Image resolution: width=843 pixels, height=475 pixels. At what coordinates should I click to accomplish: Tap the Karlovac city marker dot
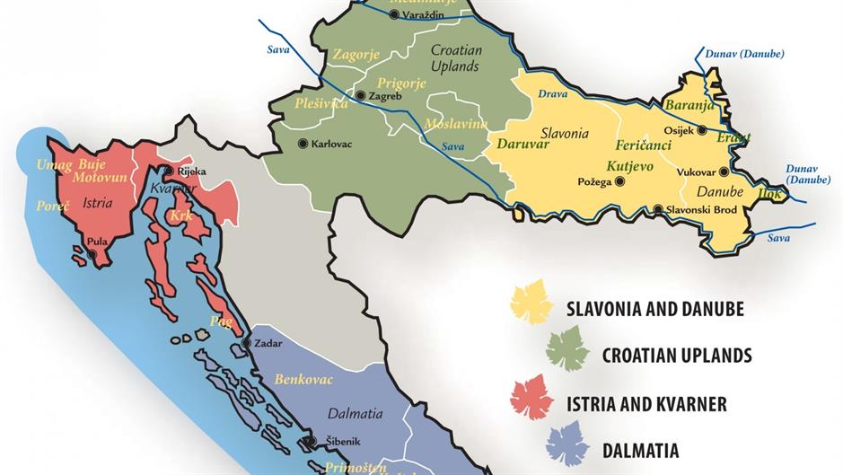(303, 144)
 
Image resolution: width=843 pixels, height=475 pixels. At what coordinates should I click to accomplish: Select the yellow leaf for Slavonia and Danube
(531, 303)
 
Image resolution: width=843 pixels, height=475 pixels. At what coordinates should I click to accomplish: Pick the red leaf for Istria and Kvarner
(531, 397)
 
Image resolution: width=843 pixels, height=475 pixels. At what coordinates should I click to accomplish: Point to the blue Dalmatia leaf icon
(567, 444)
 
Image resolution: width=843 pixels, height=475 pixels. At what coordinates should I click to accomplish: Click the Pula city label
(97, 241)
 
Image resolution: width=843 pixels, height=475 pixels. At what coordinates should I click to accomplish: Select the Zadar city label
(268, 343)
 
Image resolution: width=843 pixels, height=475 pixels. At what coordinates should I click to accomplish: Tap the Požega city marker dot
(619, 181)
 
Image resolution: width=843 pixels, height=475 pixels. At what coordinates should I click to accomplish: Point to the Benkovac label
(303, 380)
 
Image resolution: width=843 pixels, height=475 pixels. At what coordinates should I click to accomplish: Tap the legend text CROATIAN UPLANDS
(677, 356)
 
